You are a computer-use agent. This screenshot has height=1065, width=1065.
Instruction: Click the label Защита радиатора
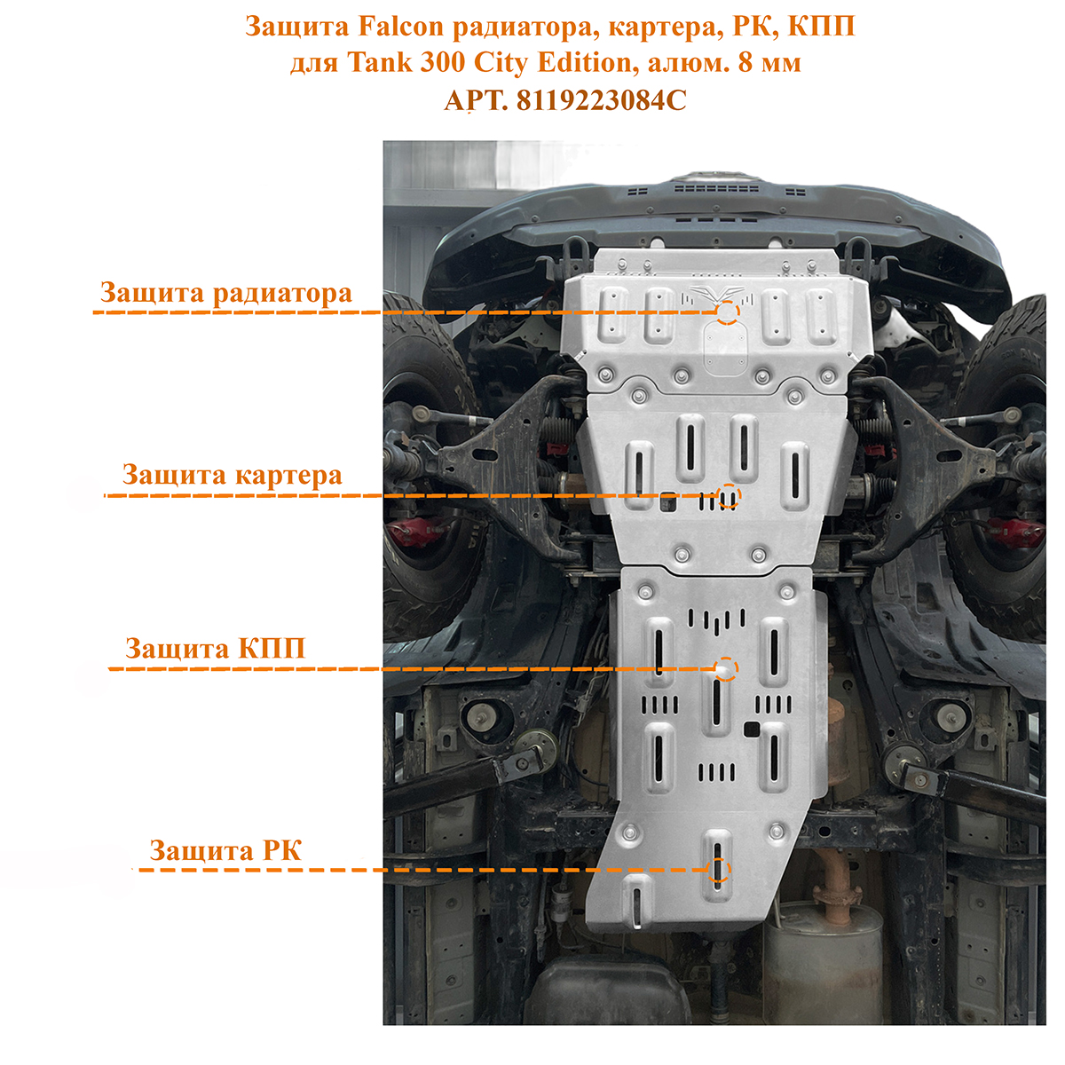(226, 293)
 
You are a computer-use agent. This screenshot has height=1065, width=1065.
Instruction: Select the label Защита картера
(233, 476)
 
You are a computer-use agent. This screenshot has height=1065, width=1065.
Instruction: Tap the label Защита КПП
(215, 648)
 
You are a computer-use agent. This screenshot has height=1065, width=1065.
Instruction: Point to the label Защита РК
(225, 850)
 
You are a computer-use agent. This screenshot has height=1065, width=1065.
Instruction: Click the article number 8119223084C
(602, 100)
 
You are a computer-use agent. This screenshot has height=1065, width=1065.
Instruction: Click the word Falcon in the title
(400, 27)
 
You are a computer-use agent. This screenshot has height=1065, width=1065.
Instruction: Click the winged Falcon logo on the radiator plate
(717, 294)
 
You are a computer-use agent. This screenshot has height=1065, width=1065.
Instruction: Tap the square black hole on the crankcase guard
(668, 501)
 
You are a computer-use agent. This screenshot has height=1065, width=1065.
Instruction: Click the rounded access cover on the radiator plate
(726, 348)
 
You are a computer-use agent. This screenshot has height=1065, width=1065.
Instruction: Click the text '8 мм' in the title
(769, 62)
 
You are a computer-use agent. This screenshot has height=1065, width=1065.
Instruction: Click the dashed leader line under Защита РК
(423, 870)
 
